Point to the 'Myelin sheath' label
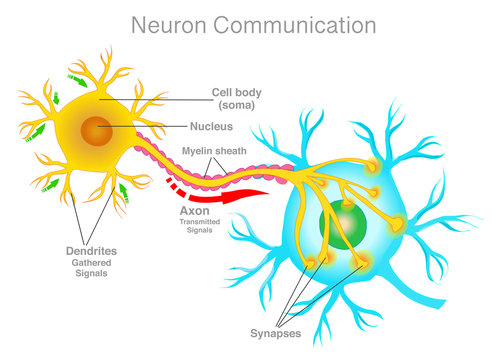[214, 151]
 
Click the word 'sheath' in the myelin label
[231, 151]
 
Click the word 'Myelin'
[196, 151]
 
